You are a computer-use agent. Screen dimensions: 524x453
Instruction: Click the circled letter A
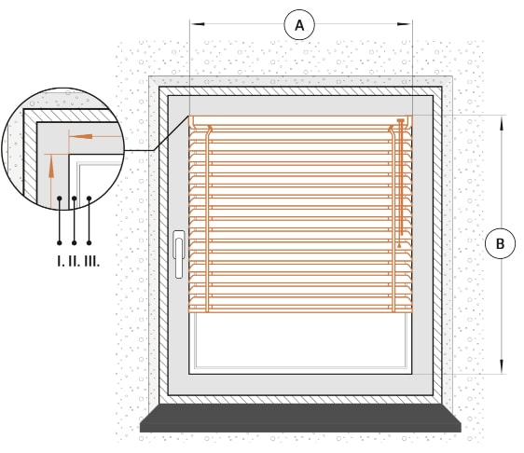[299, 25]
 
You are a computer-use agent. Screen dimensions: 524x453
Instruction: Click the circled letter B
[500, 243]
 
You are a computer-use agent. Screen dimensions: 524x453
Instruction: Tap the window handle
[179, 254]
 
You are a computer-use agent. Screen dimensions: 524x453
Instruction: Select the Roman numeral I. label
[61, 261]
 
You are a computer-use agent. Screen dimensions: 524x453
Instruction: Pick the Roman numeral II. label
[75, 261]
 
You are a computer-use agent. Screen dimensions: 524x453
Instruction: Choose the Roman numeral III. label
[92, 261]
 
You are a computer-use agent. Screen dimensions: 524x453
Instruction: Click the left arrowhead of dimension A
[197, 24]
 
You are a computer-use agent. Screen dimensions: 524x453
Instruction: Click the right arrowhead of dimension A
[405, 24]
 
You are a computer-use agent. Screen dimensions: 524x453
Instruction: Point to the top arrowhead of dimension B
[502, 123]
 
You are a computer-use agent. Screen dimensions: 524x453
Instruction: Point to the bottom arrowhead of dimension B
[502, 366]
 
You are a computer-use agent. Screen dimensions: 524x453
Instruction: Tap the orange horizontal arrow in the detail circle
[94, 137]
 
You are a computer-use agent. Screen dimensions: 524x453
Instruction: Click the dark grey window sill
[300, 418]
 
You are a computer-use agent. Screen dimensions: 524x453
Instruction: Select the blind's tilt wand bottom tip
[399, 247]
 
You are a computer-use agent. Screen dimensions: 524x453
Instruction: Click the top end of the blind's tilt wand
[400, 120]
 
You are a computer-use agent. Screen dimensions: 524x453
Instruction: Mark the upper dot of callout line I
[60, 199]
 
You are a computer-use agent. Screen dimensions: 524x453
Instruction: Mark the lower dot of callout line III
[89, 243]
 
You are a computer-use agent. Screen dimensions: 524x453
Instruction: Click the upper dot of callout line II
[75, 199]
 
